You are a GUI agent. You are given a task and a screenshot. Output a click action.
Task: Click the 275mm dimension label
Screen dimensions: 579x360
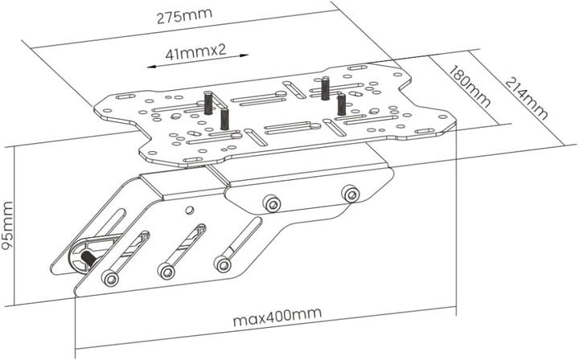point(185,16)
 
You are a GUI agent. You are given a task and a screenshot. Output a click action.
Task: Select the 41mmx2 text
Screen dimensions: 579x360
point(195,52)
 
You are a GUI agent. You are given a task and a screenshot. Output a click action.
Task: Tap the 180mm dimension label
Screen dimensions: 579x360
point(469,86)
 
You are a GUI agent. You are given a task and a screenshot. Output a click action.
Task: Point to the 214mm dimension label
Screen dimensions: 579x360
point(526,98)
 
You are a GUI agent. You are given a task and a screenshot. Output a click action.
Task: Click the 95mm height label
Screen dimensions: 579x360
point(7,225)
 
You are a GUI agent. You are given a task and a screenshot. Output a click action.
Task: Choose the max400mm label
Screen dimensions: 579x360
point(277,317)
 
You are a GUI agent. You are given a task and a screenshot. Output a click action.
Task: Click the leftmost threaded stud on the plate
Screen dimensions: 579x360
point(209,103)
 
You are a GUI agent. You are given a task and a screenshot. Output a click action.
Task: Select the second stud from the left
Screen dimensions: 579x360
point(224,118)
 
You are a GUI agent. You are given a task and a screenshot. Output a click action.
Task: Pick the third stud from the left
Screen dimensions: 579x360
point(325,88)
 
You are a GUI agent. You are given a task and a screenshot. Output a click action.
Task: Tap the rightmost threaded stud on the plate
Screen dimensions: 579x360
point(341,104)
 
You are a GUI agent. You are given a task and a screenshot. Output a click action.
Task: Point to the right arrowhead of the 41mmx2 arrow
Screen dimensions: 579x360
point(244,55)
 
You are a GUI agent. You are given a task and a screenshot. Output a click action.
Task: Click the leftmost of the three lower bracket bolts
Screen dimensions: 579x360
point(110,278)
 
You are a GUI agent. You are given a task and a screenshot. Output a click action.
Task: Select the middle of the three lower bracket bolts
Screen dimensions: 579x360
point(166,272)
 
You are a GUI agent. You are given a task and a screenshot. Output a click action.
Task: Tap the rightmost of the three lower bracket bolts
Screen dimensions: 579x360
point(222,264)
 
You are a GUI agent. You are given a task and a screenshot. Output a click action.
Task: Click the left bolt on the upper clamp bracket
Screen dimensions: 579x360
point(272,203)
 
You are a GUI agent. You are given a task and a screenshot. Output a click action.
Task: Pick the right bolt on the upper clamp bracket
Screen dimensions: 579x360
point(351,194)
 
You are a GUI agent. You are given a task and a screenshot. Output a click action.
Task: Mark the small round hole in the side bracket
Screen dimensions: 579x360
point(190,211)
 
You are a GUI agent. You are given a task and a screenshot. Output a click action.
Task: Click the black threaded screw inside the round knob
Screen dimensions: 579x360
point(88,258)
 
